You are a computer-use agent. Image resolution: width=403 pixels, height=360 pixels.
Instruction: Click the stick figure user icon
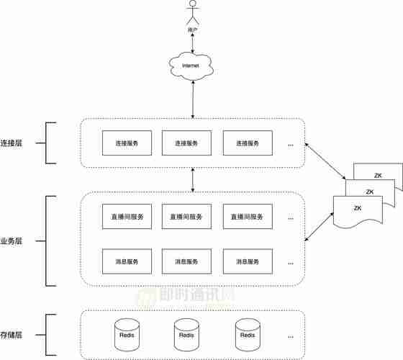192,14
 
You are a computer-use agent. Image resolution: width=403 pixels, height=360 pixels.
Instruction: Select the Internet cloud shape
192,66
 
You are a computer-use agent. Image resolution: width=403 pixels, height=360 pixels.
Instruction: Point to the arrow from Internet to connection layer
192,99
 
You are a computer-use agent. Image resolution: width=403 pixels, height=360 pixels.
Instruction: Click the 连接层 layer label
12,143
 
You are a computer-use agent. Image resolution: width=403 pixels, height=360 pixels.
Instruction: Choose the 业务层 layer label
12,241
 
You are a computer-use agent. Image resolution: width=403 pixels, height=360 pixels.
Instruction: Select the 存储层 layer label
12,336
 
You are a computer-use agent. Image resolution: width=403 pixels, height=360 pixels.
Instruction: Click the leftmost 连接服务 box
127,143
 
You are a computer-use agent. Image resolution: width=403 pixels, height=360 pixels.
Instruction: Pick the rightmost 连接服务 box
248,143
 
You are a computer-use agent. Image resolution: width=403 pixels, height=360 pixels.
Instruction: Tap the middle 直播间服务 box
187,216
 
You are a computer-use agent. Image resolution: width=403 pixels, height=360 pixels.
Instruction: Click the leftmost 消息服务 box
127,261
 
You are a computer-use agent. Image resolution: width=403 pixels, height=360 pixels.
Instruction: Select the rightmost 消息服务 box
248,261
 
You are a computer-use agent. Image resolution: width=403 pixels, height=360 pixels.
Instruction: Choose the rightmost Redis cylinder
248,334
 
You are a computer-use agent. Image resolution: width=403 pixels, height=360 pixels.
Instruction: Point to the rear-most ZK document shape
378,175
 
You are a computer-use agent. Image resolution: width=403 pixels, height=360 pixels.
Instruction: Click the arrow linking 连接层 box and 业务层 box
192,179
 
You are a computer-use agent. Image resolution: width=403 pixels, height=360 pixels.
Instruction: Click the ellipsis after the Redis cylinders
291,336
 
